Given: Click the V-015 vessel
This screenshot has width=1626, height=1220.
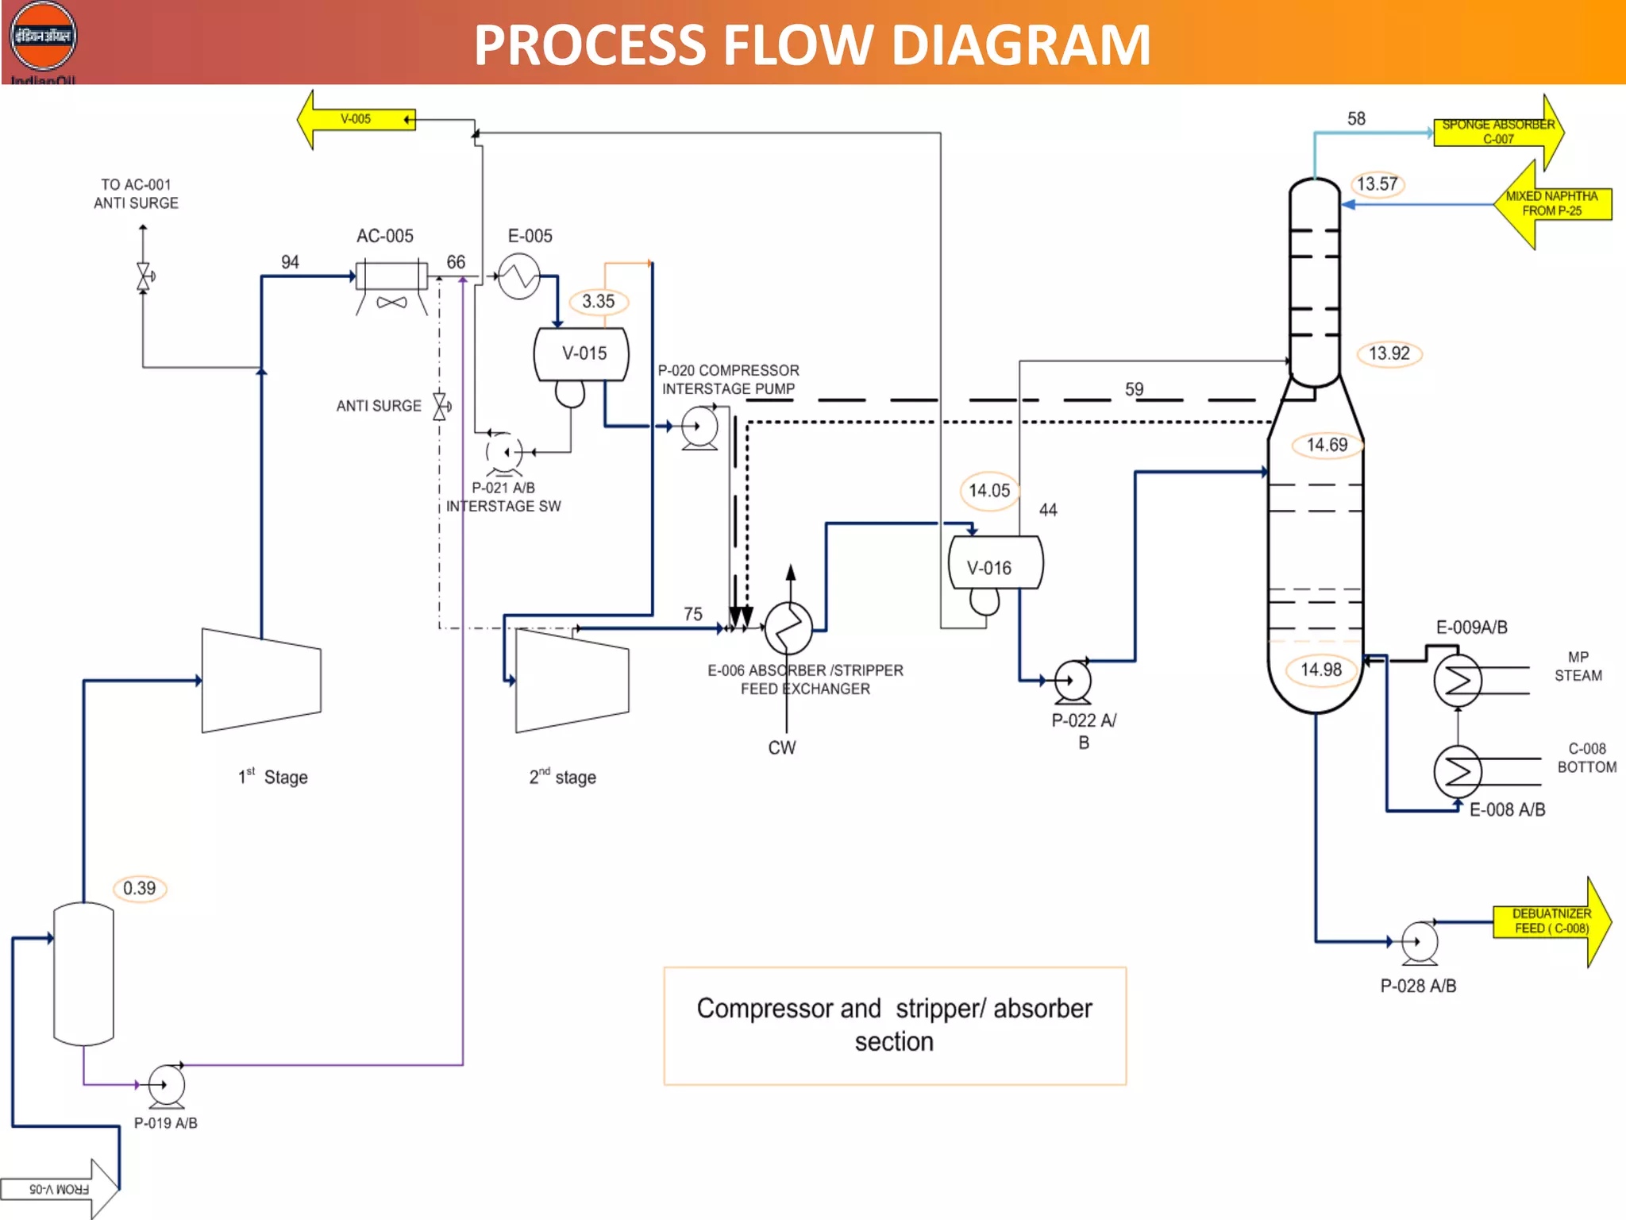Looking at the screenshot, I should tap(582, 354).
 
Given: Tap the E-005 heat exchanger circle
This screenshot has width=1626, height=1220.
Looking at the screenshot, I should tap(518, 276).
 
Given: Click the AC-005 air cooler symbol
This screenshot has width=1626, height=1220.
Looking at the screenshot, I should tap(391, 276).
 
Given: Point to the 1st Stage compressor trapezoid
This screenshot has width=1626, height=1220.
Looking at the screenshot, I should tap(261, 681).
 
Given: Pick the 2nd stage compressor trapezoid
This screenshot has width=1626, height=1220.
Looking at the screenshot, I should tap(572, 681).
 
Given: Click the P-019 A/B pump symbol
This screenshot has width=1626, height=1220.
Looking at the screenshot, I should tap(166, 1085).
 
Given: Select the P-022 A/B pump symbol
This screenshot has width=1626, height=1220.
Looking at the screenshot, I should tap(1073, 681).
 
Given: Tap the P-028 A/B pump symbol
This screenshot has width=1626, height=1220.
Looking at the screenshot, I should tap(1420, 942).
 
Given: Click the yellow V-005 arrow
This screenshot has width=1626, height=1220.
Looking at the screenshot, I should tap(355, 119).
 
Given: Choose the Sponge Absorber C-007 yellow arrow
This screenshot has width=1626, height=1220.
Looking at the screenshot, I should tap(1498, 132).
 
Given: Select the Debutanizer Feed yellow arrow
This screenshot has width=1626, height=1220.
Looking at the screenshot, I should tap(1551, 921).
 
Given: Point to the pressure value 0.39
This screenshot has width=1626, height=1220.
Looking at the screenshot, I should tap(140, 888).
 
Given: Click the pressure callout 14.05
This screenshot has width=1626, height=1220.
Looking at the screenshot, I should tap(988, 491).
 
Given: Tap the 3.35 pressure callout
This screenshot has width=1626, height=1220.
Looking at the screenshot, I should tap(598, 302).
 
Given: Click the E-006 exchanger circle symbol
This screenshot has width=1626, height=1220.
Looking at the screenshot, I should tap(788, 627).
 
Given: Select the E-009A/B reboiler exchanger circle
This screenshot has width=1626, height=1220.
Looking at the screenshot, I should tap(1458, 680).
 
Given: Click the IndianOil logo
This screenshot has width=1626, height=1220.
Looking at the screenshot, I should tap(43, 37).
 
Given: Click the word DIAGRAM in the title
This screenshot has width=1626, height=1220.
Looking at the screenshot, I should tap(1021, 45).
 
